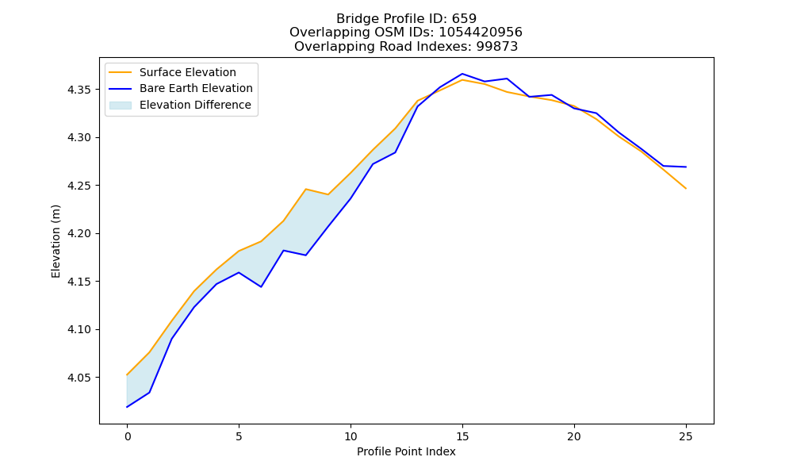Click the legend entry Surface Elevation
click(x=188, y=72)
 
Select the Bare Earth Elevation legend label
click(x=196, y=88)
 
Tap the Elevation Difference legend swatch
click(x=121, y=106)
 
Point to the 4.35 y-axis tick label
click(x=79, y=90)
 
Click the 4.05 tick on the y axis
click(x=79, y=378)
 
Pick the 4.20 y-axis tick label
click(x=79, y=234)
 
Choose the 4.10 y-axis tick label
click(x=79, y=330)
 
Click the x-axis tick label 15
click(x=462, y=436)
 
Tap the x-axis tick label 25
click(x=686, y=436)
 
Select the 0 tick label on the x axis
click(x=128, y=436)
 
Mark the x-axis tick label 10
click(x=351, y=436)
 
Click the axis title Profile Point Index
click(x=406, y=451)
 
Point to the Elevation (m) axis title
click(x=56, y=241)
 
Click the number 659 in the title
click(x=464, y=19)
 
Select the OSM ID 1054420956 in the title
click(x=481, y=33)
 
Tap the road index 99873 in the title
click(x=497, y=47)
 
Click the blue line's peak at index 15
click(x=462, y=74)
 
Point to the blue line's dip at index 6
click(x=261, y=287)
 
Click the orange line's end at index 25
click(x=686, y=188)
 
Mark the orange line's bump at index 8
click(x=306, y=189)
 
